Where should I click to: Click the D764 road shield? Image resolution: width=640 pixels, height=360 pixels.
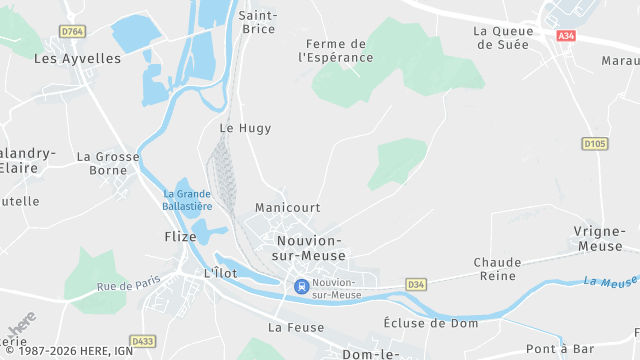pyautogui.click(x=72, y=32)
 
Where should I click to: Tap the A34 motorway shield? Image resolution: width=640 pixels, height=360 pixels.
pyautogui.click(x=567, y=36)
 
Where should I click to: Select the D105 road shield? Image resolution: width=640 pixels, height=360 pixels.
pyautogui.click(x=595, y=144)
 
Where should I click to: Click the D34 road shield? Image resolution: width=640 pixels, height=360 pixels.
pyautogui.click(x=416, y=285)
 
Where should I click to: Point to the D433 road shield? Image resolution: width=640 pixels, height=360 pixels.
pyautogui.click(x=144, y=341)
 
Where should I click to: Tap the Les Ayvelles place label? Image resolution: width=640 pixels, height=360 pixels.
pyautogui.click(x=77, y=58)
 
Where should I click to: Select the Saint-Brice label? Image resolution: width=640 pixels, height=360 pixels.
pyautogui.click(x=258, y=21)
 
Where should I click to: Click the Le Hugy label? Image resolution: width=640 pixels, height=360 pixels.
pyautogui.click(x=245, y=128)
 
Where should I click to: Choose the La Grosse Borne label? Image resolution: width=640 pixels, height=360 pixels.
pyautogui.click(x=108, y=163)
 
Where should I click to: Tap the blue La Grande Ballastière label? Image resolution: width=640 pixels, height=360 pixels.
pyautogui.click(x=188, y=200)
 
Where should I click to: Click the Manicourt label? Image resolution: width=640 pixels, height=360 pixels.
pyautogui.click(x=287, y=208)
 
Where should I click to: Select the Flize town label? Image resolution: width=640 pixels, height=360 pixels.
pyautogui.click(x=181, y=237)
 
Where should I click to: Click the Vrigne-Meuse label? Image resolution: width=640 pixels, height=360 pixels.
pyautogui.click(x=600, y=238)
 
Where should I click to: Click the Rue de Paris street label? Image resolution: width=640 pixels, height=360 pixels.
pyautogui.click(x=128, y=287)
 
